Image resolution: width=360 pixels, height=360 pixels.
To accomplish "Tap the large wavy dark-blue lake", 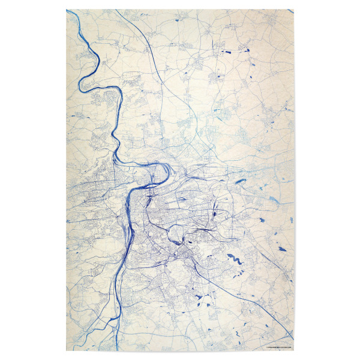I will click(233, 259).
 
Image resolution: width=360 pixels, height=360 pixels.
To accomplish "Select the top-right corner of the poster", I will click(295, 9).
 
